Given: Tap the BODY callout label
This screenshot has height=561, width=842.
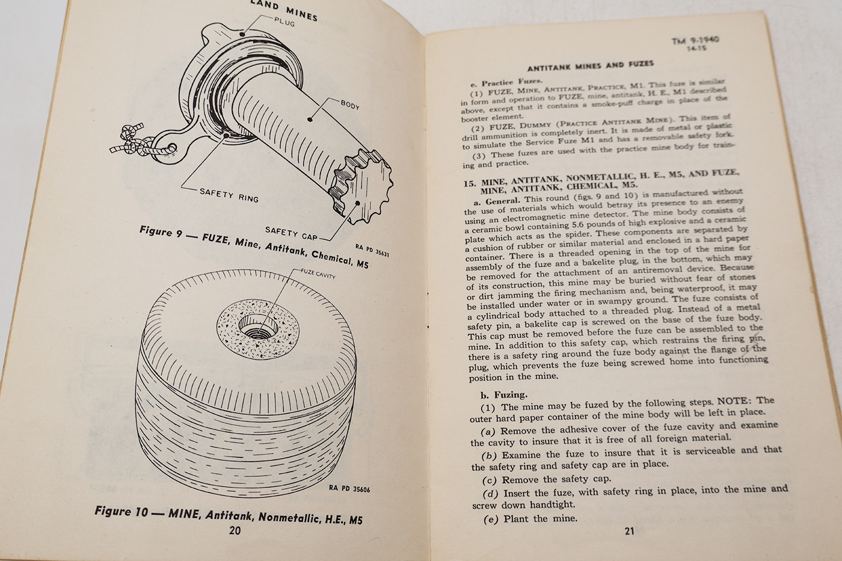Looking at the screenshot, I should pos(349,106).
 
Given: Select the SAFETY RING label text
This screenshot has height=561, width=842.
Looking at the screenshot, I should pos(229,195).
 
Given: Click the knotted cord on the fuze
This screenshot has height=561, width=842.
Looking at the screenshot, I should pos(129,142).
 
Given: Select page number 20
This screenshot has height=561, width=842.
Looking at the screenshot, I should pos(235,530).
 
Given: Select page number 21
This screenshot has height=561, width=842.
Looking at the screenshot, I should pos(630,530).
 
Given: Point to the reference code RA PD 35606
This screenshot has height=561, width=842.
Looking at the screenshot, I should pos(349,489).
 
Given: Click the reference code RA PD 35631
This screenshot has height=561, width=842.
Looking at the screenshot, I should pos(372,250).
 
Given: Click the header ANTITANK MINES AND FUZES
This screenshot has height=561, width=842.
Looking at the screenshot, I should pos(590,64).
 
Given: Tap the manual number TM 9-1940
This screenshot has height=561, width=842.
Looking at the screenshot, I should pos(695,40).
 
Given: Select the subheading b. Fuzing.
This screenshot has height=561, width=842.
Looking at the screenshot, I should pos(503,394).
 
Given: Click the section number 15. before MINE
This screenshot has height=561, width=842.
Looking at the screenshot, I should pos(470,183).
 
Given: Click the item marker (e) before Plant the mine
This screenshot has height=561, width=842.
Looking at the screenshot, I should pos(491,519).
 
